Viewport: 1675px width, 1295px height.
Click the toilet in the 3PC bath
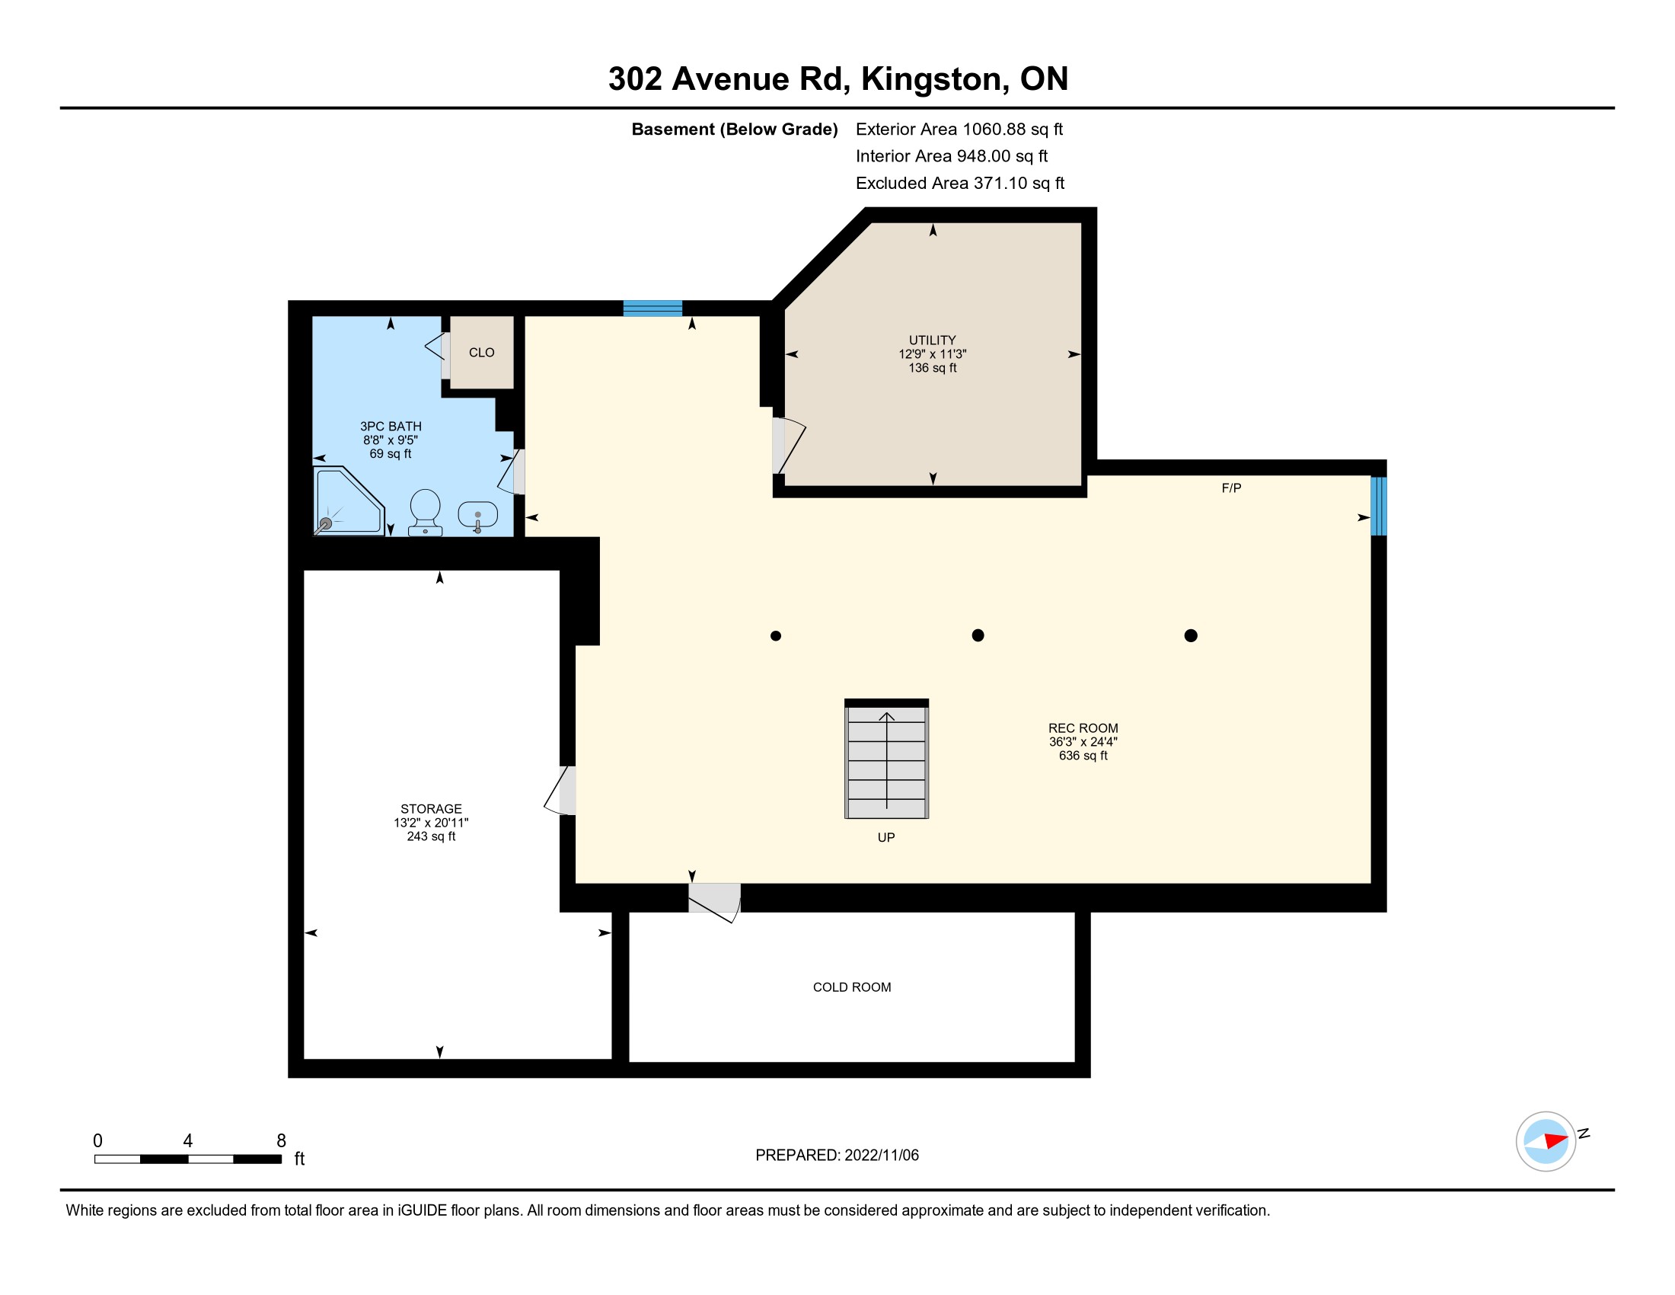[425, 513]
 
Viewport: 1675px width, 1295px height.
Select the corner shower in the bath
[348, 500]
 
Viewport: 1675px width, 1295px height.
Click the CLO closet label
[482, 353]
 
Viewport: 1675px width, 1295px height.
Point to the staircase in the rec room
[886, 759]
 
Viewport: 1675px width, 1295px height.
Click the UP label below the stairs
[885, 838]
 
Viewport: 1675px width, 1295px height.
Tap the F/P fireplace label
[1231, 488]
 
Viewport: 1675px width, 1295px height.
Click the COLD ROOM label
[852, 987]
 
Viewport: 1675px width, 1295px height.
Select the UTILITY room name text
[933, 340]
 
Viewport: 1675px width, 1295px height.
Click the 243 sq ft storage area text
[431, 836]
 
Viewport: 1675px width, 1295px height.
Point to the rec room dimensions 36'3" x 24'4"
[1083, 742]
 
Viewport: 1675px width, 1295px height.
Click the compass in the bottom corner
[1546, 1142]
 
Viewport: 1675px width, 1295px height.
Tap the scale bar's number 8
[282, 1141]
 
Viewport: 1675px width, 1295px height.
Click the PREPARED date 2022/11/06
[881, 1156]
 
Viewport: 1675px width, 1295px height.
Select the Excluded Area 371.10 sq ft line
[960, 184]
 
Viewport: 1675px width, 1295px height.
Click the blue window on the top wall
[652, 309]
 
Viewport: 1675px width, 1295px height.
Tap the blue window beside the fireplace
[1378, 507]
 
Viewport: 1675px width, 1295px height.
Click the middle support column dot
[978, 635]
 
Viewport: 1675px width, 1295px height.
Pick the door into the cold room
[714, 903]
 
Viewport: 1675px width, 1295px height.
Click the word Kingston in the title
[931, 79]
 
